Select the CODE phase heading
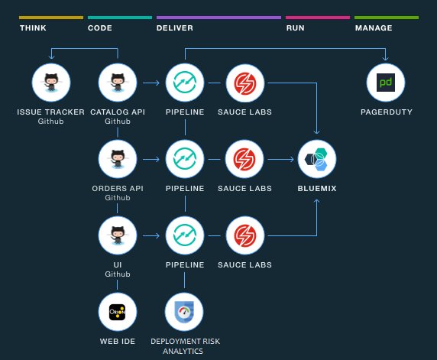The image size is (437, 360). pos(100,28)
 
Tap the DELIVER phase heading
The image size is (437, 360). pos(175,28)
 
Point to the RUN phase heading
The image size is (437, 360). pos(295,28)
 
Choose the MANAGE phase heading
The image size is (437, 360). pos(374,28)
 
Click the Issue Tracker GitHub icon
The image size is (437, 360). pos(51,83)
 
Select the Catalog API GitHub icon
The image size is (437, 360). pos(118,83)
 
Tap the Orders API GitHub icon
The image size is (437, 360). pos(118,159)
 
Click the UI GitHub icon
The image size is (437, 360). pos(118,235)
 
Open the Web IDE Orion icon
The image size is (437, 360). pos(118,311)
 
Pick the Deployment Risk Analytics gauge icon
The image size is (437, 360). pos(184,311)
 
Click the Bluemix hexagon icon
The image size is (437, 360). pos(316,159)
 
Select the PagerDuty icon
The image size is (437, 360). pos(386,83)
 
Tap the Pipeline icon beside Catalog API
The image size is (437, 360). pos(184,83)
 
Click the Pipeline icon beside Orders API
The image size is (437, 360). pos(184,159)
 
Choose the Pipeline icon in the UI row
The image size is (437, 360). pos(184,235)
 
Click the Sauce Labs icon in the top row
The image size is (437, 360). pos(245,83)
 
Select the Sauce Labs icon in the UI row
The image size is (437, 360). pos(245,235)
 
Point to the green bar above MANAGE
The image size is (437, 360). pos(386,17)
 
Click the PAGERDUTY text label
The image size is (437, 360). pos(386,112)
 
